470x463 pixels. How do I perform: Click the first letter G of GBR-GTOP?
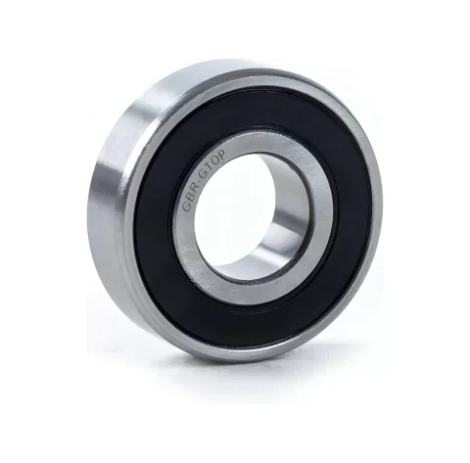pyautogui.click(x=187, y=207)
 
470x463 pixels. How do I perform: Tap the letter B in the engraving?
pyautogui.click(x=189, y=197)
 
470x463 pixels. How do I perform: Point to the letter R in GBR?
pyautogui.click(x=194, y=187)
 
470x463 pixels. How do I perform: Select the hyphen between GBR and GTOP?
pyautogui.click(x=199, y=180)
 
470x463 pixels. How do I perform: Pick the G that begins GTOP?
pyautogui.click(x=204, y=173)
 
